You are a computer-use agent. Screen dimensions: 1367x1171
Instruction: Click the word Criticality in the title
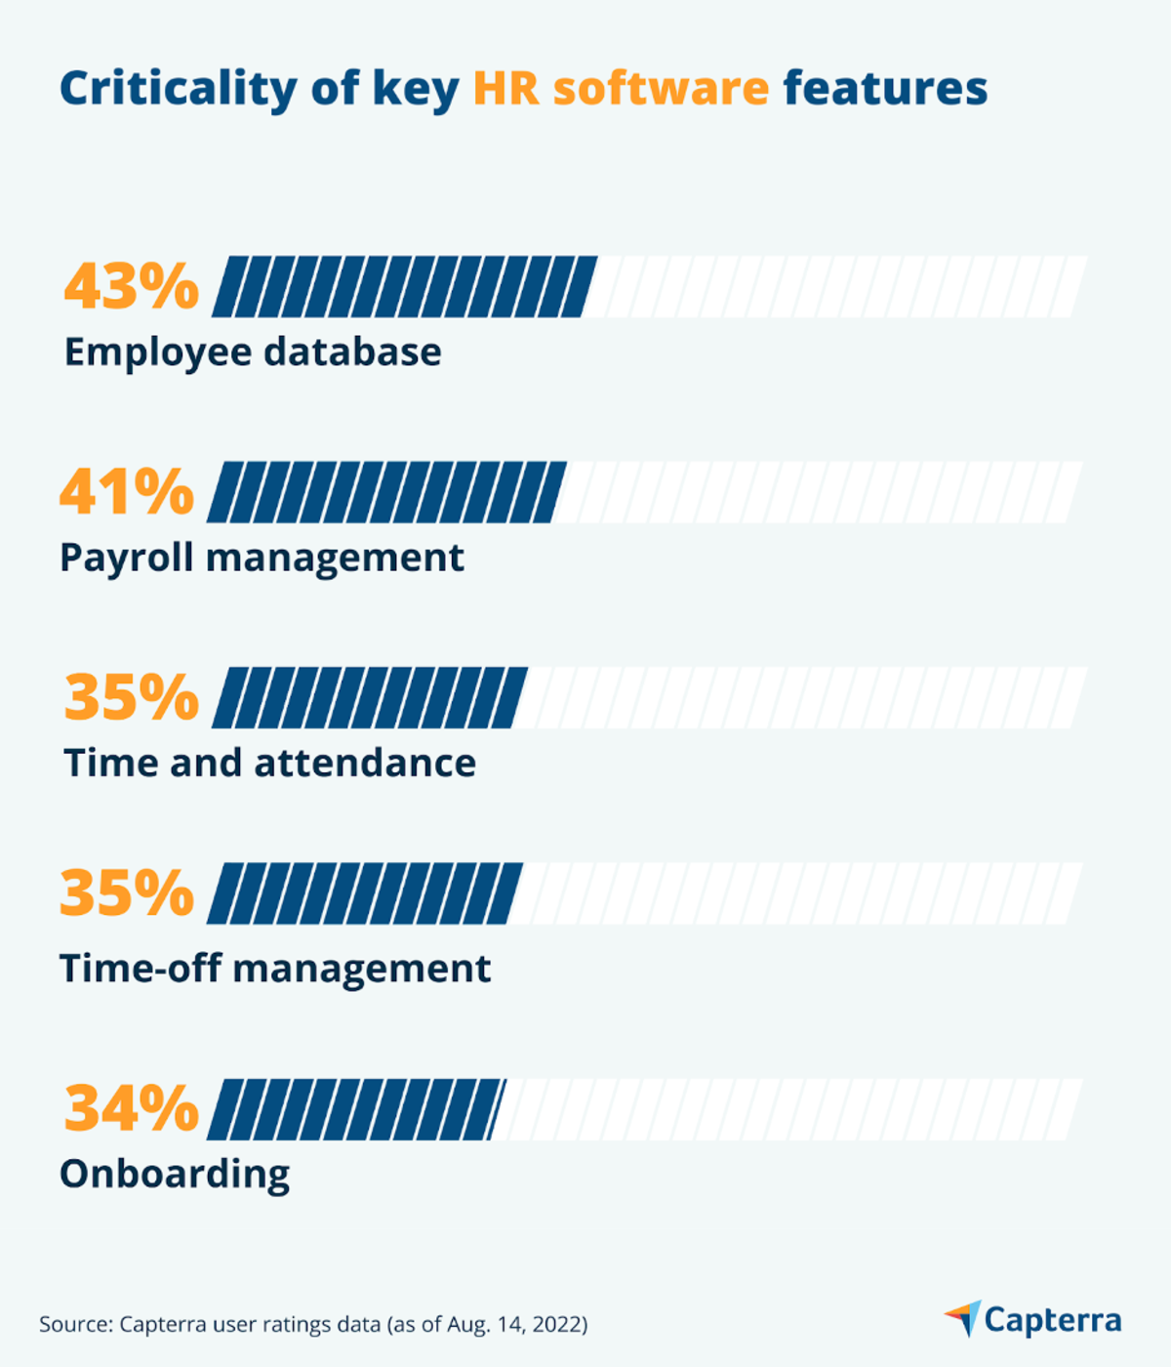click(178, 89)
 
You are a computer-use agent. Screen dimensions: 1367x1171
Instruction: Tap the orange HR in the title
click(505, 89)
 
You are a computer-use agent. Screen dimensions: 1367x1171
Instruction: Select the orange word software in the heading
click(661, 89)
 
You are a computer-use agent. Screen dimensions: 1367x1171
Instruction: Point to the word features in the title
click(885, 89)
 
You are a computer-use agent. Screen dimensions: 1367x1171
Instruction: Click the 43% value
click(131, 287)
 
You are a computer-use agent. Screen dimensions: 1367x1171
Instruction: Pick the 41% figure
click(127, 492)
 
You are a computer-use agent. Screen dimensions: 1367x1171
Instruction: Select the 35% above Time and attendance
click(131, 698)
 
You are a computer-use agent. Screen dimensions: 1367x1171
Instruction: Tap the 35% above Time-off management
click(127, 893)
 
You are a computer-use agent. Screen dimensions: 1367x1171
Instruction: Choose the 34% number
click(131, 1109)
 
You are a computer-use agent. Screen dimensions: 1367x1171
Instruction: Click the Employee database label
click(253, 352)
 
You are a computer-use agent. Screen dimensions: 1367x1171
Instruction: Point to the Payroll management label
click(262, 559)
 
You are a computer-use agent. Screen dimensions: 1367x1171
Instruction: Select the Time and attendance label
click(269, 764)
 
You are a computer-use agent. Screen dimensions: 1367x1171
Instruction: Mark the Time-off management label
click(275, 969)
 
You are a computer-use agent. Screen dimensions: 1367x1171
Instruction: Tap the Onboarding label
click(175, 1174)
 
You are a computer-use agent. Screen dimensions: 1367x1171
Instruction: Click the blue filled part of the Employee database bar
click(403, 287)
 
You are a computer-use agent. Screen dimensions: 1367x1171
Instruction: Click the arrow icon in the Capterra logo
click(964, 1318)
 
